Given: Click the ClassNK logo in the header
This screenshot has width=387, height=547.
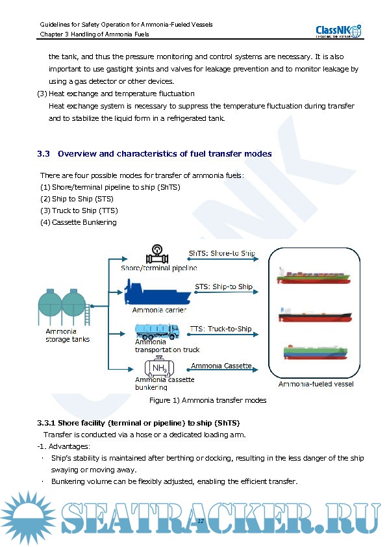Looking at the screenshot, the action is [x=338, y=31].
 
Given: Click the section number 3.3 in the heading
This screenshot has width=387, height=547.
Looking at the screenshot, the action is [x=44, y=154].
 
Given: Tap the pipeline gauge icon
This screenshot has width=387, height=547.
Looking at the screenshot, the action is [x=157, y=254].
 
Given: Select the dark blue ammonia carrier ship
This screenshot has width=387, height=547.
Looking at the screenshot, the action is [x=158, y=292].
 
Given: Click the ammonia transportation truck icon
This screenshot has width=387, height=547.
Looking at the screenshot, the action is [x=157, y=331].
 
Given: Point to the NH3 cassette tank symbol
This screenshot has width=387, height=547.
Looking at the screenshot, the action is [x=159, y=366].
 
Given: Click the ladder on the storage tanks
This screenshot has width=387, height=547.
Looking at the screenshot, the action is [x=88, y=314].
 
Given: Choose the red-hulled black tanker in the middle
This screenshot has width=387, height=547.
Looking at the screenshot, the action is [x=315, y=315].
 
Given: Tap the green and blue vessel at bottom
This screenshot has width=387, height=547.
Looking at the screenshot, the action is [x=315, y=352].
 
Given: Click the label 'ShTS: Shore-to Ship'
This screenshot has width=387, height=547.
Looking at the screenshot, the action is [x=221, y=253].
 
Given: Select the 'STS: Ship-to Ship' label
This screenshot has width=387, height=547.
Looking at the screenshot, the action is [x=223, y=286].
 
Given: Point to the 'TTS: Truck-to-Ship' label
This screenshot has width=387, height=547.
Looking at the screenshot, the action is [x=221, y=329].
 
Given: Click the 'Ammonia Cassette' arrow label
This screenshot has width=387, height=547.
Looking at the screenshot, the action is [x=221, y=366].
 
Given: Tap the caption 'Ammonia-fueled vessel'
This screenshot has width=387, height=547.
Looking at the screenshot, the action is [x=316, y=384].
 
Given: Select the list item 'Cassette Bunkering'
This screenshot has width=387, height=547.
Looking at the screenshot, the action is [x=84, y=222].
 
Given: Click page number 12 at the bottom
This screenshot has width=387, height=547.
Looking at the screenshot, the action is [x=201, y=521].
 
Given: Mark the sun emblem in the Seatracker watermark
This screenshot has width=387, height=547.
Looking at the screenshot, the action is [x=28, y=517].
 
